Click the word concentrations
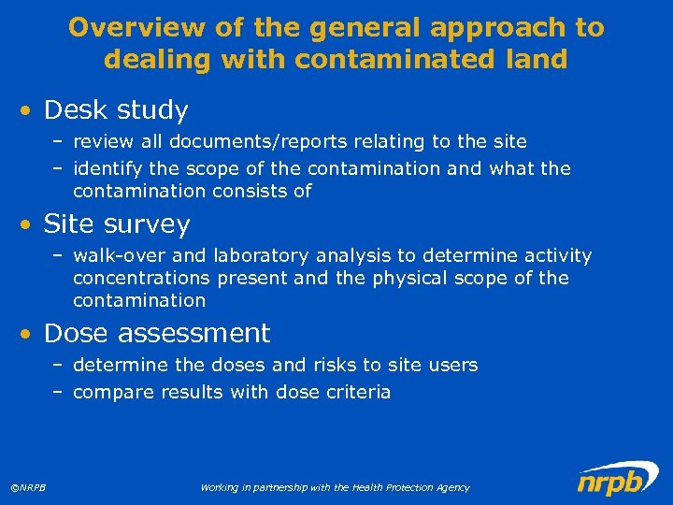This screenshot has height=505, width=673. pos(142,279)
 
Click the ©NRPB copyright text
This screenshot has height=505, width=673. pos(29,487)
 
